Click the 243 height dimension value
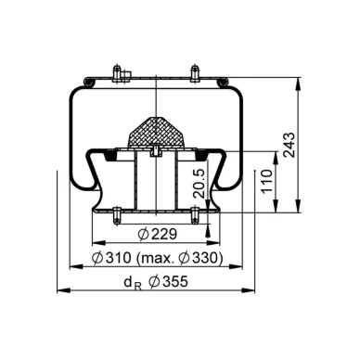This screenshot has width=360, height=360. [x=289, y=146]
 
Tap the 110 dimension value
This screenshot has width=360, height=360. [x=267, y=181]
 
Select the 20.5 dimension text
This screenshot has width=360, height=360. [x=199, y=184]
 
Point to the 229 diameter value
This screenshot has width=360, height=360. [x=158, y=235]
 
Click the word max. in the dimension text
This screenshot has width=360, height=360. [x=156, y=258]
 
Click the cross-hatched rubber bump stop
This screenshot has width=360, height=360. [x=156, y=132]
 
